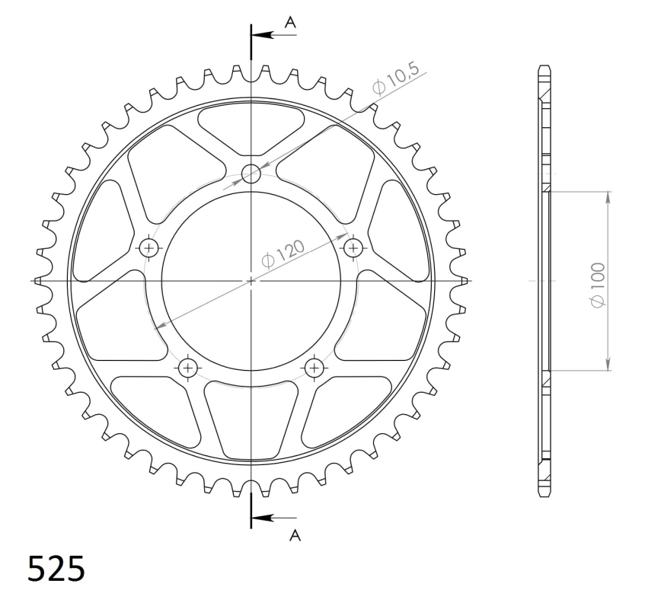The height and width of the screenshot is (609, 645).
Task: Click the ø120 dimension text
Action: click(283, 253)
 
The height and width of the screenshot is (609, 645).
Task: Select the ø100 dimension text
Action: click(598, 285)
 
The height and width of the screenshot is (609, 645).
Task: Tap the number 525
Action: click(56, 569)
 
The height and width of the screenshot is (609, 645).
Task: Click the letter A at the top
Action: click(290, 22)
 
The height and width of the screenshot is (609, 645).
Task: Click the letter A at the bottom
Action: click(295, 534)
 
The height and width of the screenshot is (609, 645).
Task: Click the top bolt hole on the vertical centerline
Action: click(251, 174)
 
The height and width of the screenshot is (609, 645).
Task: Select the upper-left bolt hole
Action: click(148, 248)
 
